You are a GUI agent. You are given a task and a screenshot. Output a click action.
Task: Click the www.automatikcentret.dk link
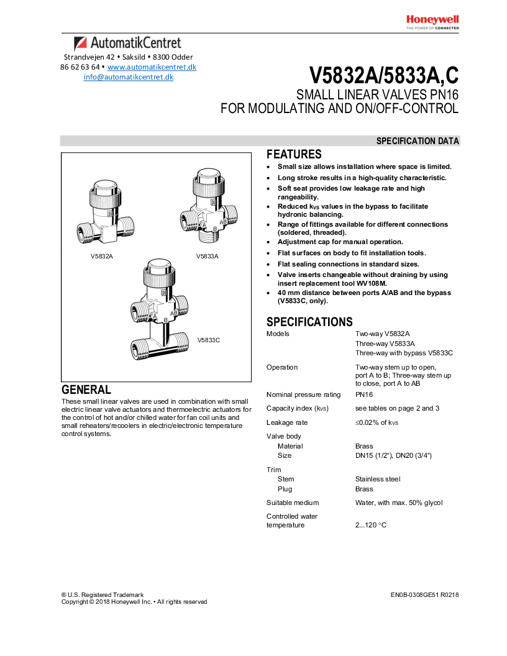(x=152, y=67)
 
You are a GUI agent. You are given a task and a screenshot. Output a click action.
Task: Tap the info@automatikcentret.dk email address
(x=129, y=78)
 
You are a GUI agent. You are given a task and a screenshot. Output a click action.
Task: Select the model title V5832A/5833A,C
(x=383, y=75)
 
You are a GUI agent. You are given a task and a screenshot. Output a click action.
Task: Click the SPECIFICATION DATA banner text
(x=418, y=141)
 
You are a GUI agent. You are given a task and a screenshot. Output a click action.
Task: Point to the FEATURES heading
(x=294, y=155)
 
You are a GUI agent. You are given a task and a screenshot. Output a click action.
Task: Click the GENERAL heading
(x=86, y=390)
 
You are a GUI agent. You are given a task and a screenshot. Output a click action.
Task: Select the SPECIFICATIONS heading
(x=309, y=322)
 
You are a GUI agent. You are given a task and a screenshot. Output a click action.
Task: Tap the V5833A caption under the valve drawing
(x=208, y=256)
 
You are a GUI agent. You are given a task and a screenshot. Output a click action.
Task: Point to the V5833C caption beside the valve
(x=209, y=340)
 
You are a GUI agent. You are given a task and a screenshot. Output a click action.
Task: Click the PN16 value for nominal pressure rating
(x=364, y=394)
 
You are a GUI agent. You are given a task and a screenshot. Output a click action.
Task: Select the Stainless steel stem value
(x=378, y=479)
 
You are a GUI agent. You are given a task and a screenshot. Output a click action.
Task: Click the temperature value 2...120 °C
(x=371, y=526)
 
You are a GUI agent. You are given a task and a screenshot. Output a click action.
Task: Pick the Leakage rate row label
(x=286, y=422)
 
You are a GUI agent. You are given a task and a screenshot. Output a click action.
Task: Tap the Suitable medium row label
(x=293, y=503)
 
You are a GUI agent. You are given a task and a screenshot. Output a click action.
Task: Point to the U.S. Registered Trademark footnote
(x=103, y=594)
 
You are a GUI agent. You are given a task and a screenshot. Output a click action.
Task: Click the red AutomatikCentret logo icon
(x=80, y=44)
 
